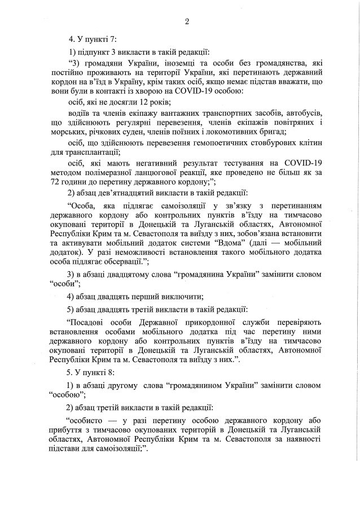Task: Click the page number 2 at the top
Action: tap(186, 22)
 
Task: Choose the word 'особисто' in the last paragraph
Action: tap(85, 421)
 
